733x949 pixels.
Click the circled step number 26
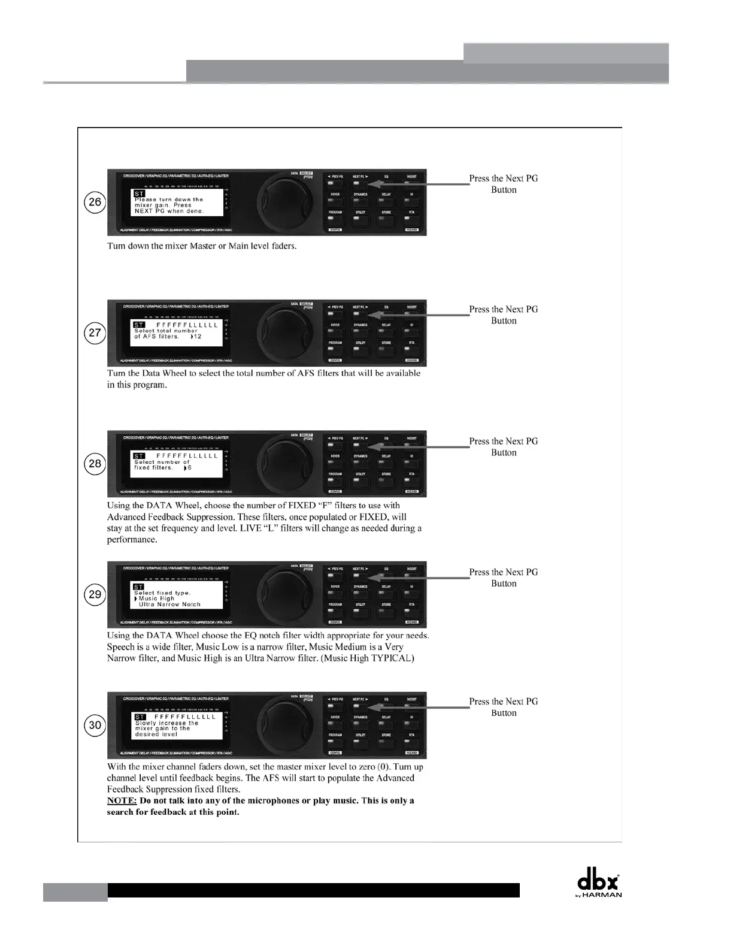coord(95,202)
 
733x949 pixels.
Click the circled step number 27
coord(95,333)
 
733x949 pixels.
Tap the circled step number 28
coord(95,464)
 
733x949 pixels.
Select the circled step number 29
coord(95,594)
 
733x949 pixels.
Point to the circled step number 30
coord(95,725)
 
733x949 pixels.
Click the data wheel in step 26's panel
coord(280,202)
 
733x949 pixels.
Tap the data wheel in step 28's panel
coord(280,464)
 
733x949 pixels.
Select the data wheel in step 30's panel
coord(280,725)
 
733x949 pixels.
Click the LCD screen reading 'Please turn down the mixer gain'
coord(176,203)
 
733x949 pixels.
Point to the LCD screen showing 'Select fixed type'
coord(176,595)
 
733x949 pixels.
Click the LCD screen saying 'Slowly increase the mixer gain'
coord(176,725)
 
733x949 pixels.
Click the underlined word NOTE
coord(122,801)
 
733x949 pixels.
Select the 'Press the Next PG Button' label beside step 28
coord(504,447)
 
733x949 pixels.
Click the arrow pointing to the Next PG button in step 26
coord(419,185)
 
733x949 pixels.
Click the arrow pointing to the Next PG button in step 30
coord(419,708)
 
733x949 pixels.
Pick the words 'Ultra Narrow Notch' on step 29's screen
coord(169,605)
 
